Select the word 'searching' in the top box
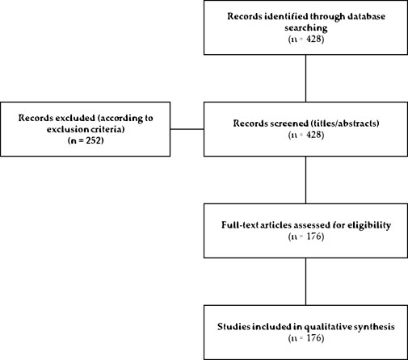click(305, 27)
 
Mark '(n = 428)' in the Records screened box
click(305, 133)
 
